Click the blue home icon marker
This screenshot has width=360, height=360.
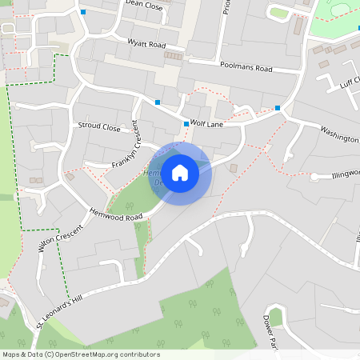(x=180, y=173)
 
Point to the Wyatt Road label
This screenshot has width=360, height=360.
(x=146, y=42)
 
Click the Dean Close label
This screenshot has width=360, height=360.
(x=143, y=6)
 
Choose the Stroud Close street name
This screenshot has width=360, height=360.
(x=99, y=126)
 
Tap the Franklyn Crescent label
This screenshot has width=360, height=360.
(x=126, y=147)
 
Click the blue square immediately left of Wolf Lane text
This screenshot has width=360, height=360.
(x=186, y=124)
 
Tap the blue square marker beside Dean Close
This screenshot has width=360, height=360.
(x=82, y=11)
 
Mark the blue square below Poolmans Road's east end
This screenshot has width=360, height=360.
(x=278, y=107)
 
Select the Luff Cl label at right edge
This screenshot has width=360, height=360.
(x=350, y=81)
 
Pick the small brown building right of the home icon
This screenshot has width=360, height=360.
(x=234, y=168)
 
